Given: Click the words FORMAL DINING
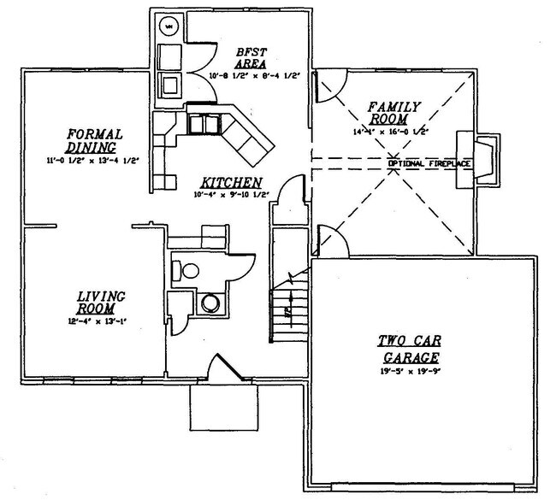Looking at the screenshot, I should pos(96,141).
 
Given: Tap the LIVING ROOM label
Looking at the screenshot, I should pos(102,303).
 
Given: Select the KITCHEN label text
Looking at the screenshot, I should pos(231,182).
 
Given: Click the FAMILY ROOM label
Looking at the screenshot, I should pos(394,113).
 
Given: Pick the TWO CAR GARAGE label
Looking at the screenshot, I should pos(411,349).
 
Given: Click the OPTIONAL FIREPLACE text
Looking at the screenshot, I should pos(429,163).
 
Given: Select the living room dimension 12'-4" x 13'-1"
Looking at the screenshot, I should pos(102,322).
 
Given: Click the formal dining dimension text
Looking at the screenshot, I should pos(93,160).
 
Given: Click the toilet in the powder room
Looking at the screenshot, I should pos(187,270).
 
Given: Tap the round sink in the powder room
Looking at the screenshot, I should pos(208,302).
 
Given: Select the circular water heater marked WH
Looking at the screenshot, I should pos(169,26).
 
